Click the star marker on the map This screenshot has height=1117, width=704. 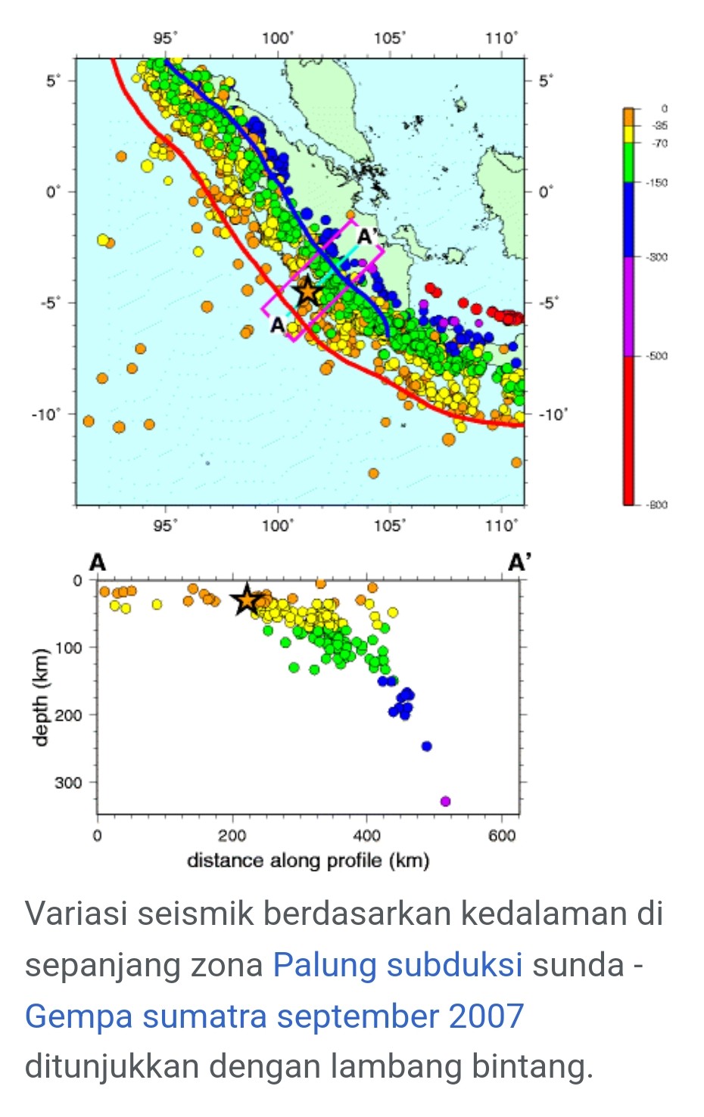point(307,290)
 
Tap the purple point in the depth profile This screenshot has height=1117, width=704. point(445,801)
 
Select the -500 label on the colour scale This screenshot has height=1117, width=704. point(657,356)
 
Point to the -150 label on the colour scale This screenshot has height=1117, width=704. point(657,183)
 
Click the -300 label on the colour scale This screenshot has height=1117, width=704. point(657,257)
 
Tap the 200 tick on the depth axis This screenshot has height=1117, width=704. point(67,715)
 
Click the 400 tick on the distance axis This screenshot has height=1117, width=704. point(367,835)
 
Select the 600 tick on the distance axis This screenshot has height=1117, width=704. point(502,835)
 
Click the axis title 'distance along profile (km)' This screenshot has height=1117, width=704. point(308,861)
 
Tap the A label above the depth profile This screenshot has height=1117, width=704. point(98,563)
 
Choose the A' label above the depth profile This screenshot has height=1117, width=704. point(519,563)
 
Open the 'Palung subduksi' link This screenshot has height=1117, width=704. point(397,965)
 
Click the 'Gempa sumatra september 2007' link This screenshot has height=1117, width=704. point(274,1016)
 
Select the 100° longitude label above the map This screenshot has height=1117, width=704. point(277,38)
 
